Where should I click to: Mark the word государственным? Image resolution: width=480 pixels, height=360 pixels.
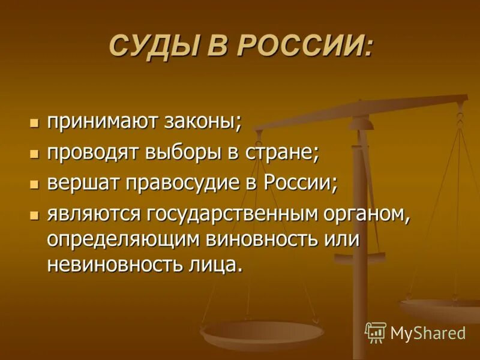tap(229, 213)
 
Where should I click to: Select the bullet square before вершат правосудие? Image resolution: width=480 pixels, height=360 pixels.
tap(34, 182)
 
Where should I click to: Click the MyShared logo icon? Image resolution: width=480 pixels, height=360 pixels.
tap(376, 332)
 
